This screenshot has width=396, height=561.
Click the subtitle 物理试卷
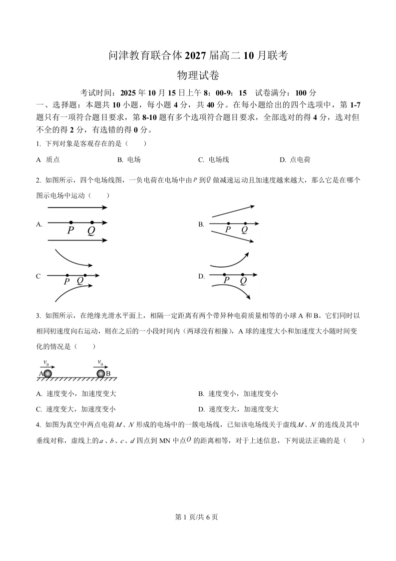198,75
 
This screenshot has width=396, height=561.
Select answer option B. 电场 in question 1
129,160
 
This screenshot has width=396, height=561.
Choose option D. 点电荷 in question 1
295,160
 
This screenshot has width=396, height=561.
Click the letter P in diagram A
71,230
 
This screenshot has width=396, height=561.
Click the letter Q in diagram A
91,230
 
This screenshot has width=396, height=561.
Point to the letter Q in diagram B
244,229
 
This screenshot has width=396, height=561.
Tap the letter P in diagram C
66,281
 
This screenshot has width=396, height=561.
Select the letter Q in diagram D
243,280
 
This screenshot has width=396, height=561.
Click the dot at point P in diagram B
228,223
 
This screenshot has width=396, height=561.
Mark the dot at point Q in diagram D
243,274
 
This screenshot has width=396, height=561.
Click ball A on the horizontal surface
48,373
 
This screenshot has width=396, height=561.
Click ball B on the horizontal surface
101,373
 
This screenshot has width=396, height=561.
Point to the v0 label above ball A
46,362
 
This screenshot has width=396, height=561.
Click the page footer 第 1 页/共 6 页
198,517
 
